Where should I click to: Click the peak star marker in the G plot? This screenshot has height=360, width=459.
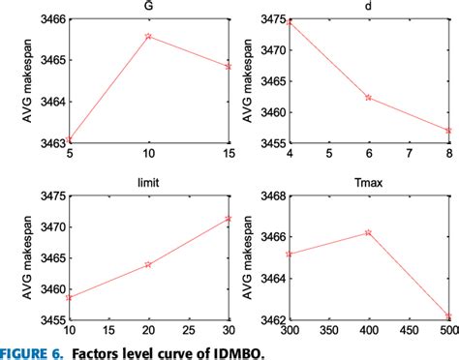pos(148,36)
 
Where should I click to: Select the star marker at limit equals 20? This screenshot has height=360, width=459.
pos(148,263)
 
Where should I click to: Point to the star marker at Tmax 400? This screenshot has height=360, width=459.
pos(368,232)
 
